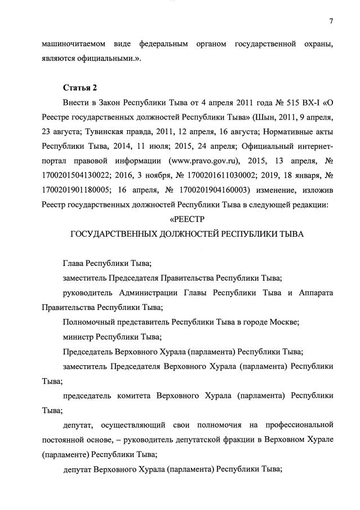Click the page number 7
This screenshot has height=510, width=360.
point(331,21)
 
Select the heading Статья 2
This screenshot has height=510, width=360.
point(79,88)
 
